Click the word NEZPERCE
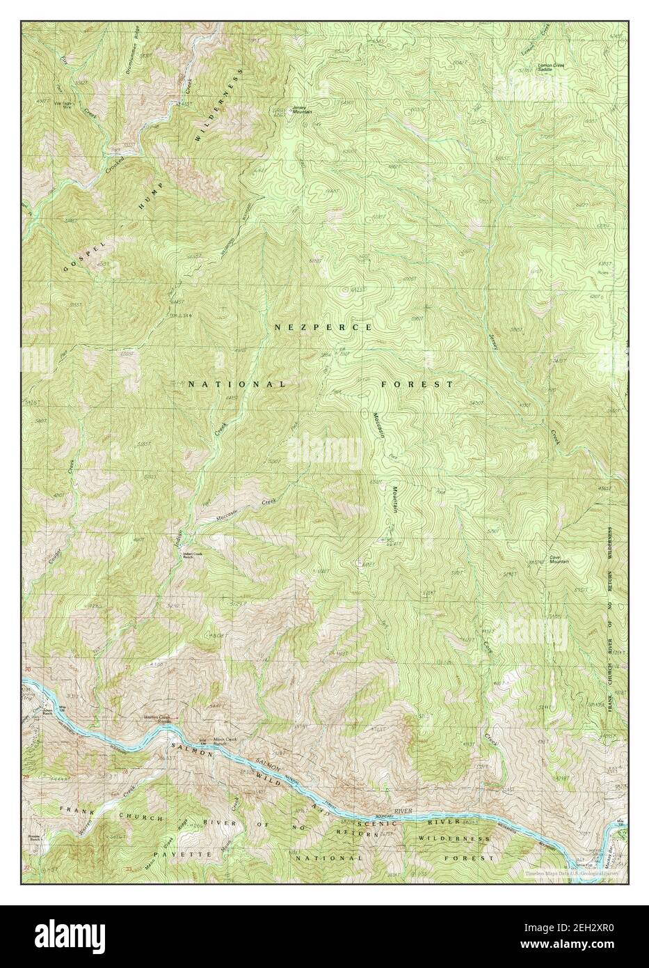coord(323,327)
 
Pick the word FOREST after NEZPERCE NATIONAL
coord(417,384)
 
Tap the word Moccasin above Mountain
coord(377,424)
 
